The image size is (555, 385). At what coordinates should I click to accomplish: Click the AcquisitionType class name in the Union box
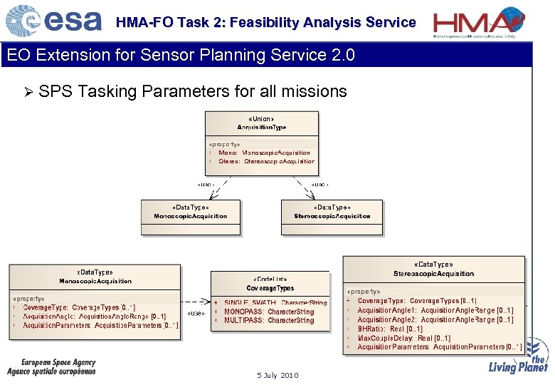pos(261,126)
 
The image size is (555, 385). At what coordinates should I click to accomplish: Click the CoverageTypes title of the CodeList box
pos(270,288)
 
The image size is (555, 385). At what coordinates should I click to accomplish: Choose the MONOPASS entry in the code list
pos(269,312)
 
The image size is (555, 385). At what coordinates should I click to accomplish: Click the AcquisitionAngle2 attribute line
pos(435,319)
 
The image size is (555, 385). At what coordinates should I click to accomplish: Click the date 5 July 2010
pos(277,375)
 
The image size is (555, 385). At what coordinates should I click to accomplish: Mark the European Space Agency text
pos(58,363)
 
